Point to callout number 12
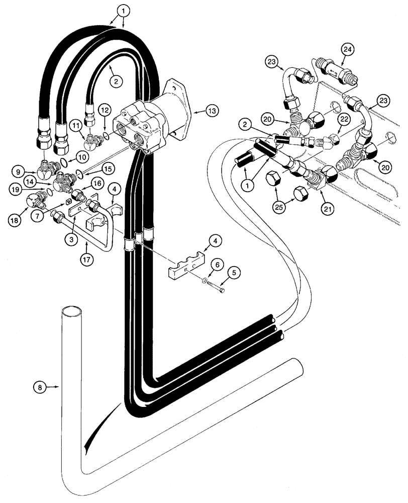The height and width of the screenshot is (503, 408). tap(104, 109)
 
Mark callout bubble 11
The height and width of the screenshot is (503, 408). tap(75, 124)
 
